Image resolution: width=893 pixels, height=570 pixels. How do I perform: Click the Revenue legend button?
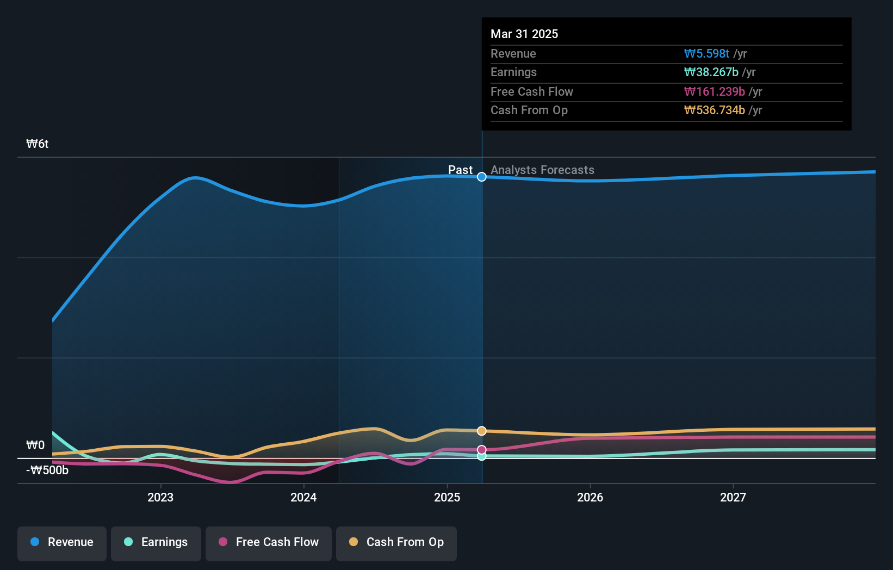(x=62, y=542)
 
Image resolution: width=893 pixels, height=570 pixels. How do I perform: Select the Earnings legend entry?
(x=156, y=542)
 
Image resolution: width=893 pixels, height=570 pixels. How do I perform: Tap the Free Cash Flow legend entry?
(x=269, y=542)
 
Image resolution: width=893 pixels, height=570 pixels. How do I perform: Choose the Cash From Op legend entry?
(x=396, y=542)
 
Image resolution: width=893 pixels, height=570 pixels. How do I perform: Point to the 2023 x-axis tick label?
(x=160, y=497)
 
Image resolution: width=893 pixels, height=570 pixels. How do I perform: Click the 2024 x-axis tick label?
(x=303, y=497)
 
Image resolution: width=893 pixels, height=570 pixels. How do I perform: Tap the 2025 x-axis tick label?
(x=447, y=497)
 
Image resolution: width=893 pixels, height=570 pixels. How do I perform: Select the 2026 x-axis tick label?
(x=590, y=497)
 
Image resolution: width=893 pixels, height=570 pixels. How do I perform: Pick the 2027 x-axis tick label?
(x=733, y=497)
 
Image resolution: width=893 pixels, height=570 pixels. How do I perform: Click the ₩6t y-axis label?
(x=38, y=144)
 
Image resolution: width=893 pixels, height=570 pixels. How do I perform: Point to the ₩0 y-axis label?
(x=35, y=445)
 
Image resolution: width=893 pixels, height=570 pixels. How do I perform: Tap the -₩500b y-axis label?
(x=47, y=470)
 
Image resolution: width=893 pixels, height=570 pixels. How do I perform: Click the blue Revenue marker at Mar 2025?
(x=482, y=177)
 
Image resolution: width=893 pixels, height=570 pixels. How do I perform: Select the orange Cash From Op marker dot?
(x=482, y=431)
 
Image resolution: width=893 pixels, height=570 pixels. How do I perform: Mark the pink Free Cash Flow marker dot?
(x=482, y=450)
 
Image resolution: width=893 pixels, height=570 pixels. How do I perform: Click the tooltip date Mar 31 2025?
(x=524, y=34)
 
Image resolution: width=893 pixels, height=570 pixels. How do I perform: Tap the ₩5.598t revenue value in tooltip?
(x=706, y=53)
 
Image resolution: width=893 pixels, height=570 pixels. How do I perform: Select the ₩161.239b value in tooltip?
(x=714, y=91)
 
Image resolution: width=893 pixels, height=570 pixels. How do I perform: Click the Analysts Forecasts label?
(x=542, y=170)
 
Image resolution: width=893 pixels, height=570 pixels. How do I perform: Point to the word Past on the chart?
(x=460, y=170)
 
